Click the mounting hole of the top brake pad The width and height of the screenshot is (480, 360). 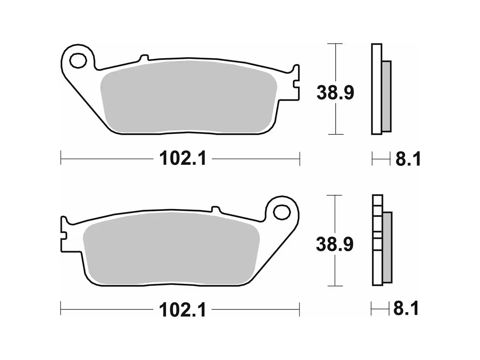pyautogui.click(x=78, y=61)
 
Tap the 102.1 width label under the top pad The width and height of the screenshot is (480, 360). pyautogui.click(x=182, y=159)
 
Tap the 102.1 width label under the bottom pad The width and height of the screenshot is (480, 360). pyautogui.click(x=182, y=310)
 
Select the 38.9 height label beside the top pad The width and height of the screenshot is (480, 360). pyautogui.click(x=335, y=93)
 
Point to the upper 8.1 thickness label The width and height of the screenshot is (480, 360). pyautogui.click(x=407, y=160)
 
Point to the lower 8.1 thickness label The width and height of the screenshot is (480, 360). pyautogui.click(x=406, y=309)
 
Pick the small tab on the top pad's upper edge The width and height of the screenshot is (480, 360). pyautogui.click(x=144, y=58)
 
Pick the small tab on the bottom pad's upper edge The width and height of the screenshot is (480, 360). pyautogui.click(x=216, y=209)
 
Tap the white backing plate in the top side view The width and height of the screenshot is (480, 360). pyautogui.click(x=376, y=88)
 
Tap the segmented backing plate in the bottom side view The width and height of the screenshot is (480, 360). pyautogui.click(x=377, y=240)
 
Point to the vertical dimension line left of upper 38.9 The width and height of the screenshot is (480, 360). pyautogui.click(x=335, y=63)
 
